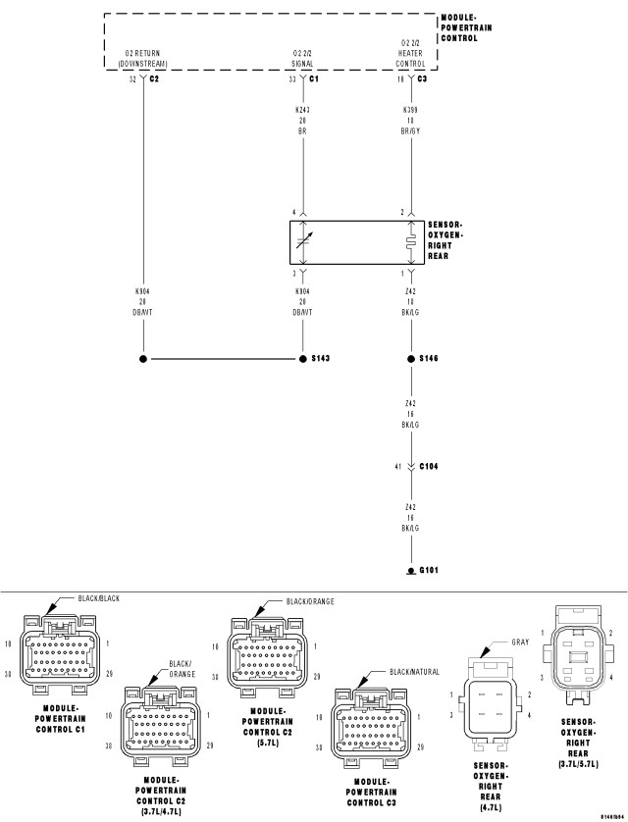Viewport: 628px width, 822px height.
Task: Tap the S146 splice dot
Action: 410,359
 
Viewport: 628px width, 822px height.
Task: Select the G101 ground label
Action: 428,571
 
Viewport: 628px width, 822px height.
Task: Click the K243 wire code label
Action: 303,110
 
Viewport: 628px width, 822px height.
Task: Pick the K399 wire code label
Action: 410,110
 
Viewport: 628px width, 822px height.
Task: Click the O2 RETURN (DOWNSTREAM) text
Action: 143,57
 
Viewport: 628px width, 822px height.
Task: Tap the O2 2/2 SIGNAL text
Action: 303,57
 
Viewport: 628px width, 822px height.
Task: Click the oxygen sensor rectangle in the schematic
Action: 356,241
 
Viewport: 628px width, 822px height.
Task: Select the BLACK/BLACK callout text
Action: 101,597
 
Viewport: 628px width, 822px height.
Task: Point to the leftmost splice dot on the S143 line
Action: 143,359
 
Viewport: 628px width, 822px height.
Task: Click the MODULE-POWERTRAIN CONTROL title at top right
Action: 466,27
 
